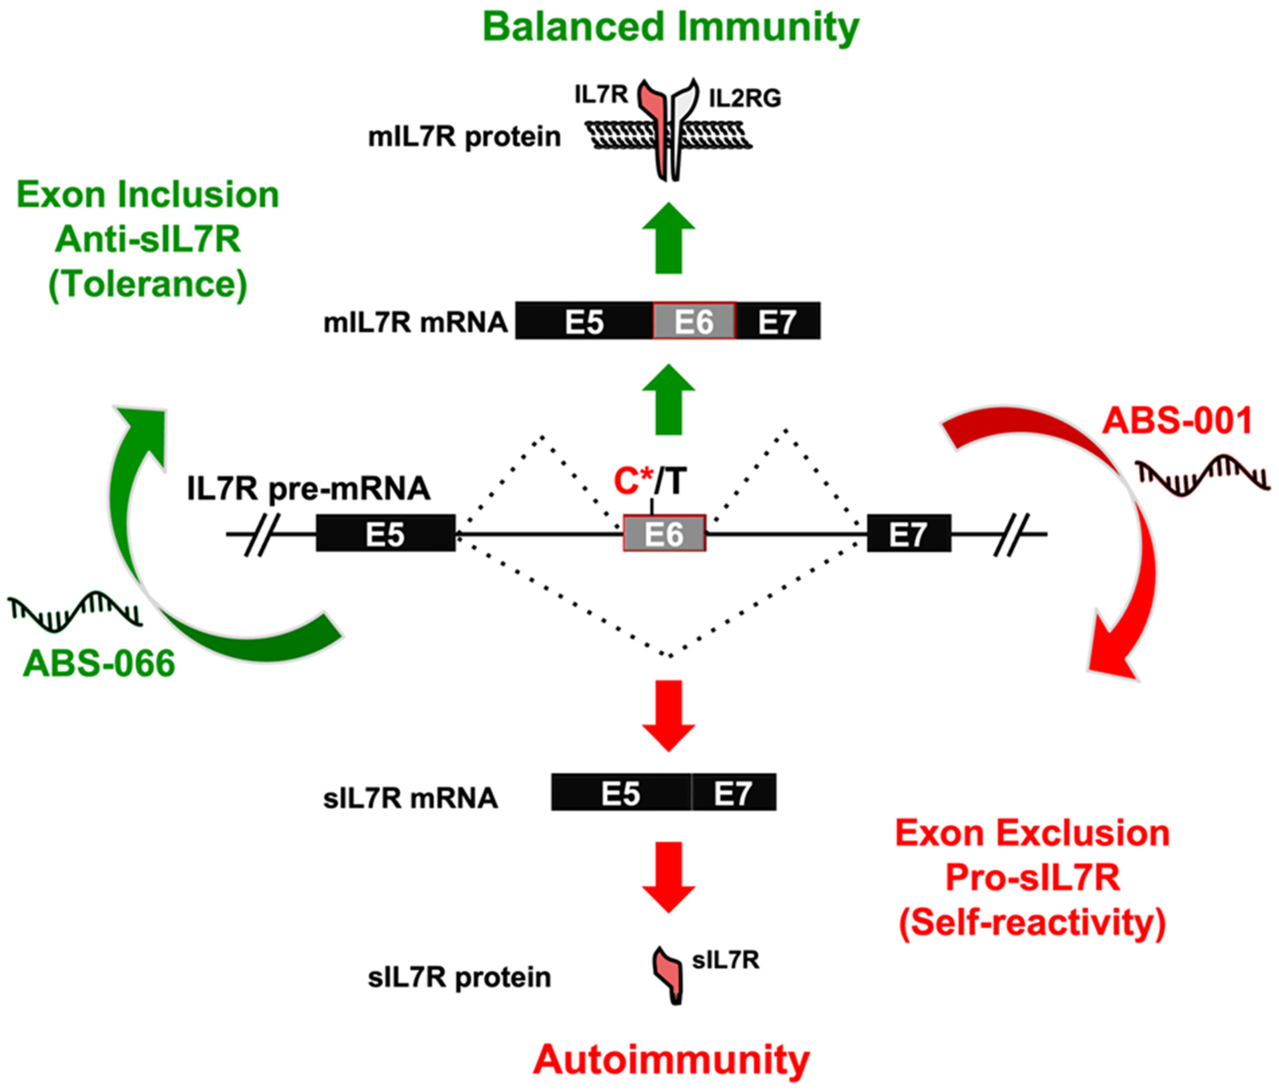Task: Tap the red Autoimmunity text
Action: (671, 1060)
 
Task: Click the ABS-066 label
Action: (99, 664)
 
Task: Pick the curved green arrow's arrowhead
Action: (142, 426)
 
